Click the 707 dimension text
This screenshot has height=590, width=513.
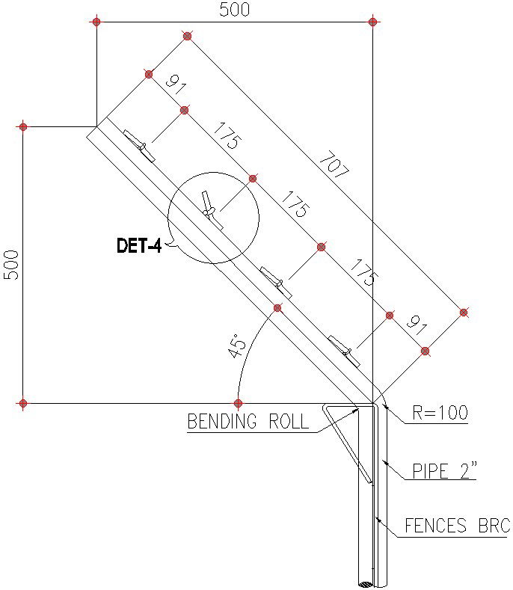(x=334, y=165)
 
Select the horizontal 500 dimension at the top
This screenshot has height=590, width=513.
(x=234, y=10)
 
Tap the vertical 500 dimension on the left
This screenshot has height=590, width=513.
(x=11, y=264)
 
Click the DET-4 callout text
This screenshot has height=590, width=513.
(x=139, y=245)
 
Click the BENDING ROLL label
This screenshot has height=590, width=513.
(x=248, y=422)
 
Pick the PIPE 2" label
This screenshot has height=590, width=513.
(x=445, y=471)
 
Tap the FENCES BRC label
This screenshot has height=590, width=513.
(x=457, y=526)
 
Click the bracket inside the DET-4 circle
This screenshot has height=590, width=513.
(x=211, y=210)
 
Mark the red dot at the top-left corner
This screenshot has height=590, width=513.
(x=96, y=22)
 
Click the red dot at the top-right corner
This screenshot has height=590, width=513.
(x=373, y=22)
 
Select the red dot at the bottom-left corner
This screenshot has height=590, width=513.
(x=23, y=404)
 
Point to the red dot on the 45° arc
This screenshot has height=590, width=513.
(x=277, y=308)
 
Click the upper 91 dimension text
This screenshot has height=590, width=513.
(x=175, y=84)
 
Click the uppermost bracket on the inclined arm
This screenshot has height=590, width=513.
(x=140, y=145)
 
